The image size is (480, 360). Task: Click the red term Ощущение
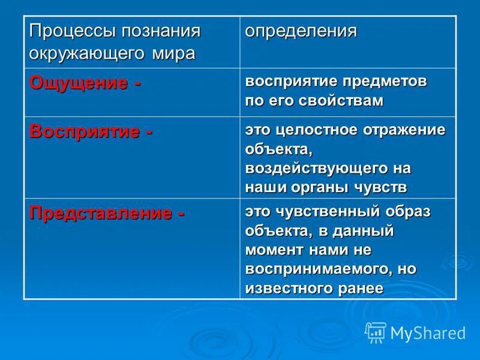click(79, 83)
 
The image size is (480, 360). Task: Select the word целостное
click(317, 131)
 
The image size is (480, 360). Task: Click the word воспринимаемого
click(313, 268)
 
